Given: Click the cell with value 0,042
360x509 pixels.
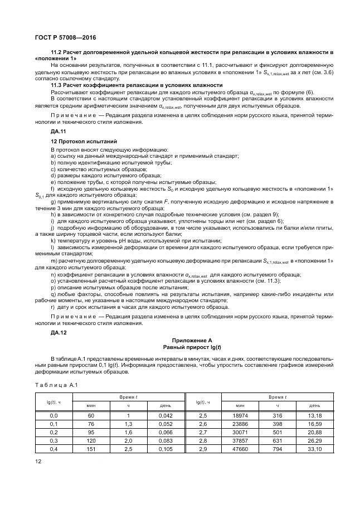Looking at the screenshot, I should click(x=166, y=415).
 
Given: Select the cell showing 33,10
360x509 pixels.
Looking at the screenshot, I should click(x=314, y=448).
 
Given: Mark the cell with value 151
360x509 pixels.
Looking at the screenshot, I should click(x=91, y=448).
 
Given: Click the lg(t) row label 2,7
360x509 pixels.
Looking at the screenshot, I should click(x=203, y=432).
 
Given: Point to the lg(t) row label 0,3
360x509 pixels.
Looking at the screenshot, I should click(x=54, y=440).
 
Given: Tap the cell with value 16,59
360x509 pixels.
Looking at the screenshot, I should click(x=314, y=423).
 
